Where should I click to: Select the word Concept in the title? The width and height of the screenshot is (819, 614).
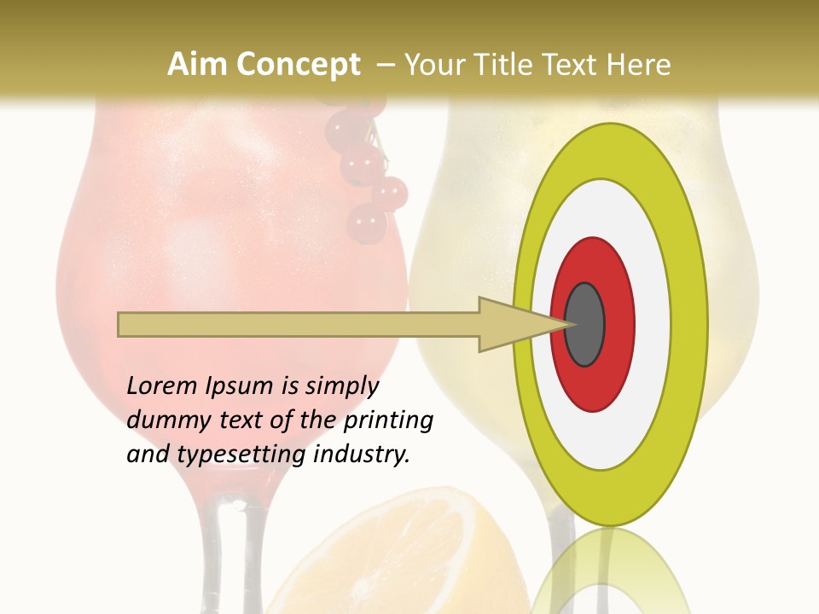click(298, 65)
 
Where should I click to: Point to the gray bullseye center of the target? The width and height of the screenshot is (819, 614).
click(584, 324)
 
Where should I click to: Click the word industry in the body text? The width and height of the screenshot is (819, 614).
click(362, 455)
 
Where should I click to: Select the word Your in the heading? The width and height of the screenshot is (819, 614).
click(433, 65)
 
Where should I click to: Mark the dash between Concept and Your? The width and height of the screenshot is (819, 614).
click(384, 65)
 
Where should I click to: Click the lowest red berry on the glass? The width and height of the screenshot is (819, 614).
click(367, 222)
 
